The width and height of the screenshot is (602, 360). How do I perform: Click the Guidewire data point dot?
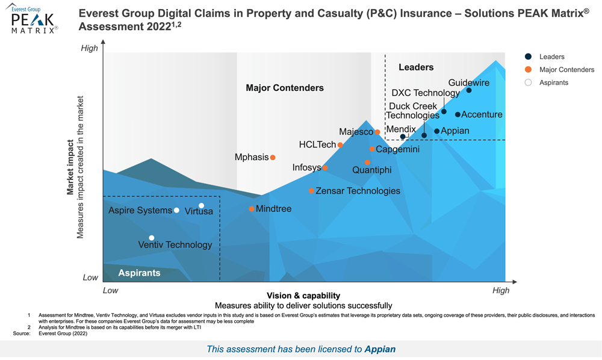[469, 91]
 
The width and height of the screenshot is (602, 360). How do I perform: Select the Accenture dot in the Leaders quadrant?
[458, 114]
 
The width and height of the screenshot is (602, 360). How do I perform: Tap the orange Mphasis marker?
[273, 158]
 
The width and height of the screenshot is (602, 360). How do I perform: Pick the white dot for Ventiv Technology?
[152, 238]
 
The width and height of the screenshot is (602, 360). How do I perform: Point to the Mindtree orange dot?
[252, 209]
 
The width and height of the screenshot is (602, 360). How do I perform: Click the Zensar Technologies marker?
[311, 191]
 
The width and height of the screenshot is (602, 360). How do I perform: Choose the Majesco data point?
[377, 132]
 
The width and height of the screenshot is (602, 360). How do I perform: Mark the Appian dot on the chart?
[437, 131]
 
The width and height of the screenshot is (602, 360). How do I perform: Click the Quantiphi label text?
[371, 170]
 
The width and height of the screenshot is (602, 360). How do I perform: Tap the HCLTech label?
[317, 145]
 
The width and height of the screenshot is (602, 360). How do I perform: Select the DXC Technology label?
[425, 93]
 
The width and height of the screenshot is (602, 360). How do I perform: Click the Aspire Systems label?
[140, 211]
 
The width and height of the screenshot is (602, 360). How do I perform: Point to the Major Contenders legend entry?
[566, 70]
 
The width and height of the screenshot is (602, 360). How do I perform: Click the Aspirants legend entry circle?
[528, 82]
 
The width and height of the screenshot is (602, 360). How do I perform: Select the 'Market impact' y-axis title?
[70, 168]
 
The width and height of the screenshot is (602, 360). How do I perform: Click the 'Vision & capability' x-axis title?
[303, 296]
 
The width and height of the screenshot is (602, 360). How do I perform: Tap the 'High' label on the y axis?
[89, 48]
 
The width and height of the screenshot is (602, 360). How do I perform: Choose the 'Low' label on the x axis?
[110, 290]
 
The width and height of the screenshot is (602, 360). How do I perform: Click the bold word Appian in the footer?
[380, 349]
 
